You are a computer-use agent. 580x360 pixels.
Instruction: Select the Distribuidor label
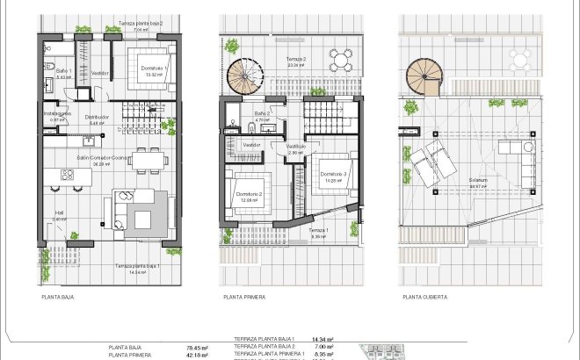[97, 117]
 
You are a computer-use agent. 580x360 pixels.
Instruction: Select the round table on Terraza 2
[340, 59]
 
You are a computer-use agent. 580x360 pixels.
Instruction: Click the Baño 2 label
[262, 114]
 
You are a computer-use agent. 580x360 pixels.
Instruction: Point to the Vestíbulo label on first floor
[296, 147]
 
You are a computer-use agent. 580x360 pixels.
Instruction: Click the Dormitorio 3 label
[335, 175]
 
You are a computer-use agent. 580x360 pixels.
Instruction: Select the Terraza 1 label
[319, 232]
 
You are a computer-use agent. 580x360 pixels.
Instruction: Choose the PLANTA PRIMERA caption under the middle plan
[245, 297]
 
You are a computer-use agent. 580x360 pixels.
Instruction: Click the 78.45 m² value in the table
[196, 347]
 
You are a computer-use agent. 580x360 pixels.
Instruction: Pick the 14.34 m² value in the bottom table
[324, 339]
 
